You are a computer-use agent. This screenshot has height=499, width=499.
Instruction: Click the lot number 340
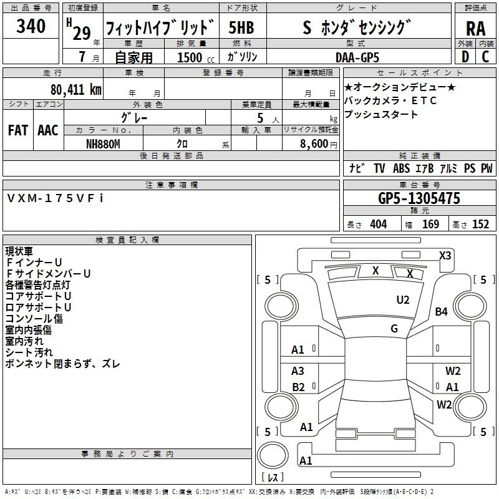[31, 27]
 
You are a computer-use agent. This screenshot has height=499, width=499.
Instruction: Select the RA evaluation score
[476, 28]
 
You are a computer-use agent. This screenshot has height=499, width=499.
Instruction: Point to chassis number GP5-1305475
[419, 199]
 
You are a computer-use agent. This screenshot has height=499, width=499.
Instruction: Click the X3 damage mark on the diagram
[445, 255]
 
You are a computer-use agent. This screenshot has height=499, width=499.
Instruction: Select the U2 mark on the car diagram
[403, 300]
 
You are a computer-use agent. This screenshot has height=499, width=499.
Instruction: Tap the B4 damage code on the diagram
[442, 312]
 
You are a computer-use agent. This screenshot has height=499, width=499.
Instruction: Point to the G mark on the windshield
[394, 328]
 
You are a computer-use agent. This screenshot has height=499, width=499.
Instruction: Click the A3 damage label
[298, 371]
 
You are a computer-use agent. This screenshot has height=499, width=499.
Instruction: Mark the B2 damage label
[298, 387]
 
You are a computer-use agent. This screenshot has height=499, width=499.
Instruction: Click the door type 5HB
[242, 28]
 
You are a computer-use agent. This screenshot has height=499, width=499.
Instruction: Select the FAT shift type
[18, 130]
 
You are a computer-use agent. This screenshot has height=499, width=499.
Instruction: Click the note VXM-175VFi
[56, 198]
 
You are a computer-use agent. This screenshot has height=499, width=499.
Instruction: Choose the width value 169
[430, 225]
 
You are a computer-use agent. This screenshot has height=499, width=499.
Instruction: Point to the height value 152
[480, 225]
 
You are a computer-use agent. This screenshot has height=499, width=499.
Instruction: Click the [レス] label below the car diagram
[273, 478]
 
